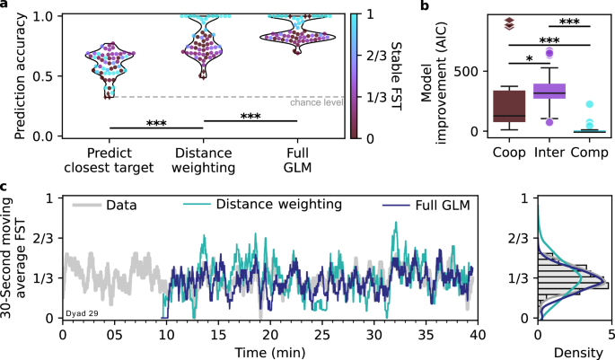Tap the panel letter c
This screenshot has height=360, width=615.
coord(5,187)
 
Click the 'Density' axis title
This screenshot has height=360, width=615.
coord(575,351)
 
